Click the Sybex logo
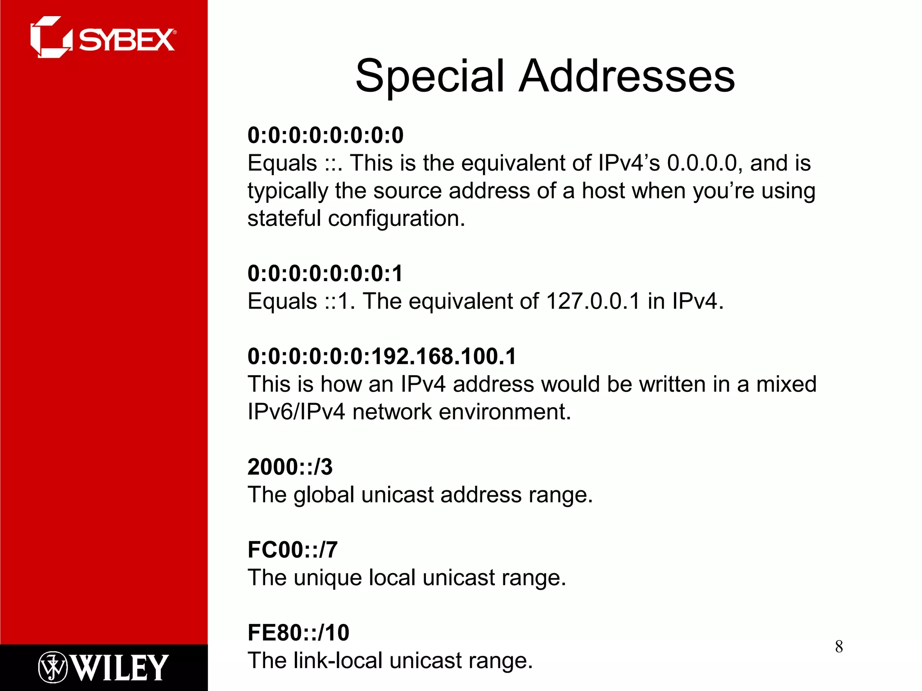(103, 38)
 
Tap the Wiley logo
(103, 667)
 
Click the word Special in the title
(429, 76)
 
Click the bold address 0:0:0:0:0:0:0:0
(325, 135)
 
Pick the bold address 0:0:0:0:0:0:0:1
(325, 274)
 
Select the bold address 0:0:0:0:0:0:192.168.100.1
(382, 356)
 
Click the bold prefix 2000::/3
(290, 467)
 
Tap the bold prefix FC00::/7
(293, 550)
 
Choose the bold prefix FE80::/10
(298, 633)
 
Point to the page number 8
(839, 647)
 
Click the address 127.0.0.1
(592, 301)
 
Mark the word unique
(327, 578)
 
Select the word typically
(288, 191)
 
